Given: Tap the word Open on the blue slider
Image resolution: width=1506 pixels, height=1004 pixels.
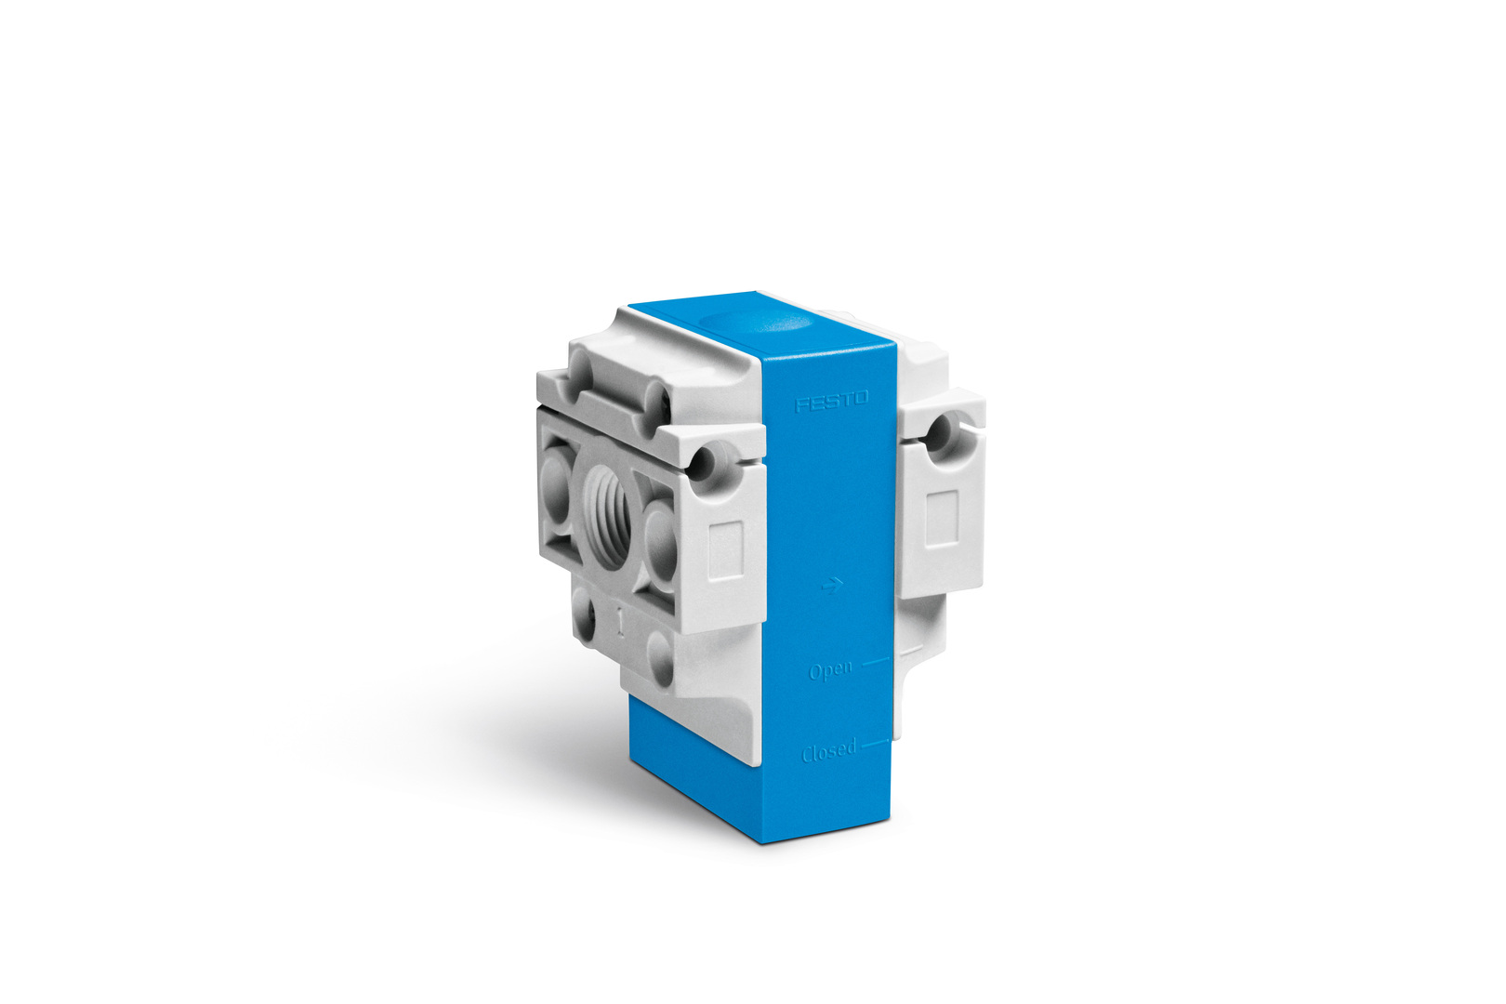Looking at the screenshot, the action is point(831,670).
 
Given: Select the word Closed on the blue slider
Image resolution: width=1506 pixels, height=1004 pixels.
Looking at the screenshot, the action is point(829,750).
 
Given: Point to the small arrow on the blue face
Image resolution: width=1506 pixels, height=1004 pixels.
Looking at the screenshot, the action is point(832,587).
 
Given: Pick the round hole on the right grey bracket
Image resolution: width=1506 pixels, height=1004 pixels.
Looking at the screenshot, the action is point(941,429).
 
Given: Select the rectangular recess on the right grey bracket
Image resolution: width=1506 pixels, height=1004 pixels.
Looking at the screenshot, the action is point(942,518).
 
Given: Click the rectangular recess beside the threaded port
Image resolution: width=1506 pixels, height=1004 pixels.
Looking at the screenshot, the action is point(725,549).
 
